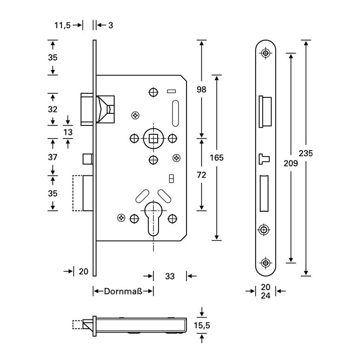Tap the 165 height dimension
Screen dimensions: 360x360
(217, 158)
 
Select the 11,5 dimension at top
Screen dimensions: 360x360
(62, 25)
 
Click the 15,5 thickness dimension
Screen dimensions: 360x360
(201, 326)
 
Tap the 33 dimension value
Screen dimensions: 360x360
(170, 277)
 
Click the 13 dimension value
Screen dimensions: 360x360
(68, 132)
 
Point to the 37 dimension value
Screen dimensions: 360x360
(53, 158)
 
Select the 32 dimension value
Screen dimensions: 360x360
(53, 109)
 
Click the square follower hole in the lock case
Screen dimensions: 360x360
(153, 138)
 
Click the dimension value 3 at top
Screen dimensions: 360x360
(111, 25)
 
